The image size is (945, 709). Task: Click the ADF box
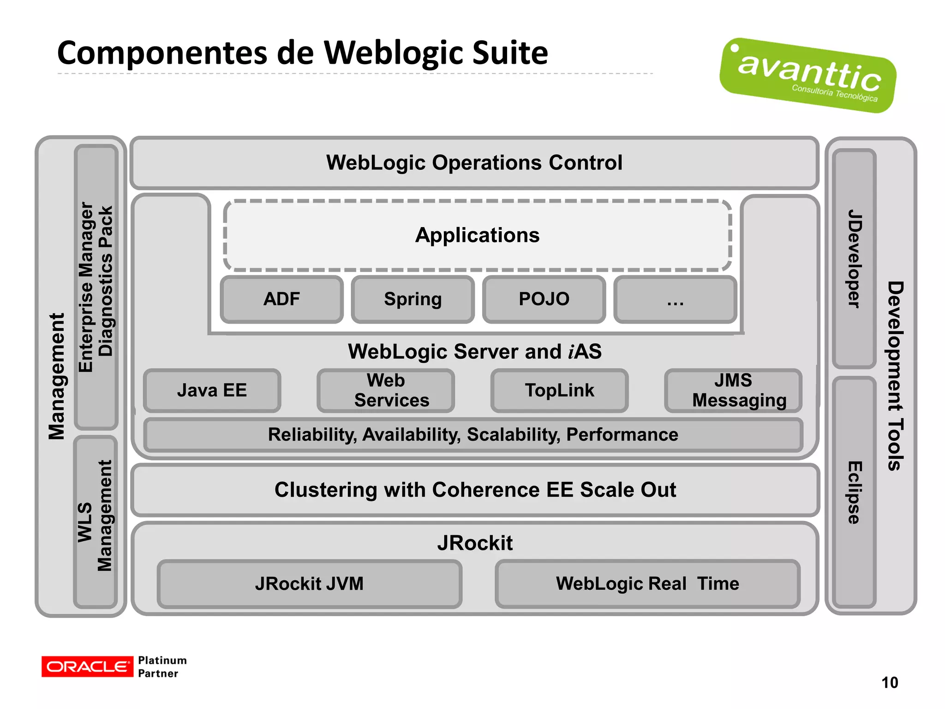click(x=281, y=299)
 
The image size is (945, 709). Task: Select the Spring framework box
click(x=413, y=299)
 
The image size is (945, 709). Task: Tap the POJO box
click(x=544, y=299)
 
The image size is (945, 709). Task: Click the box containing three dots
click(x=675, y=299)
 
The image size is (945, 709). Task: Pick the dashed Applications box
click(x=477, y=235)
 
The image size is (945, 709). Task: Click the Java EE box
click(x=212, y=391)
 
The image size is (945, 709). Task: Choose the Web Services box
click(x=386, y=391)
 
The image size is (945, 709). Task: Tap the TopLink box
click(x=559, y=391)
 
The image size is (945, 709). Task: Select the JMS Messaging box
click(x=733, y=391)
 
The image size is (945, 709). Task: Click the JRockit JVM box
click(x=309, y=584)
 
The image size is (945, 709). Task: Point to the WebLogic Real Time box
click(x=647, y=584)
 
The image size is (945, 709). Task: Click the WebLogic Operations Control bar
click(x=474, y=163)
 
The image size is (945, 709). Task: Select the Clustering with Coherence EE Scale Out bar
click(x=475, y=490)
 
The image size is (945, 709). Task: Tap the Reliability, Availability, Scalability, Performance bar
click(x=473, y=435)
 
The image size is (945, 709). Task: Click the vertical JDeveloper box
click(x=854, y=258)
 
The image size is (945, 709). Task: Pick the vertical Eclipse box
click(x=854, y=492)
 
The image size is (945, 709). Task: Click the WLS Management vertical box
click(x=96, y=522)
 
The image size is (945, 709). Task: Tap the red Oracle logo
click(x=87, y=667)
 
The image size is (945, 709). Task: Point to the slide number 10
click(x=889, y=683)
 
